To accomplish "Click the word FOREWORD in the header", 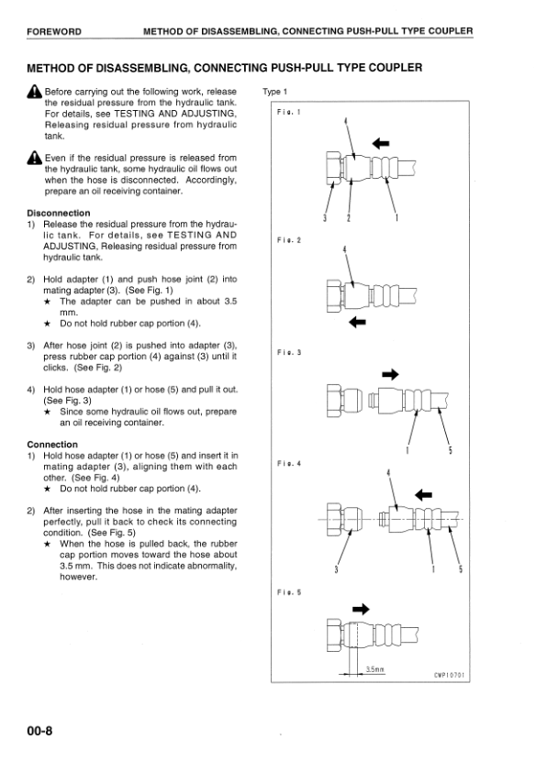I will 54,32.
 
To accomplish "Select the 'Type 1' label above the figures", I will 275,92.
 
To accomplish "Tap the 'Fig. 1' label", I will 289,112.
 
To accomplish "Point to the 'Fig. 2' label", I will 289,239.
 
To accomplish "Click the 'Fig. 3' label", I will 289,352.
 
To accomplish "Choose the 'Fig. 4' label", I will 289,464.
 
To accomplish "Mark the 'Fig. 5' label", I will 289,592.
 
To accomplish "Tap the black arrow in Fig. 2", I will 358,322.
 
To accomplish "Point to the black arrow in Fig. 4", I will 423,494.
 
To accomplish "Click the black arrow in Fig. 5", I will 361,608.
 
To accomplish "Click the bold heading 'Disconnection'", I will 59,214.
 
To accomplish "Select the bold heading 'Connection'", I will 52,445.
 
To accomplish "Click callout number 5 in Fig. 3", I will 450,449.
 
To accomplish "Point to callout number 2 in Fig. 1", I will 348,217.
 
